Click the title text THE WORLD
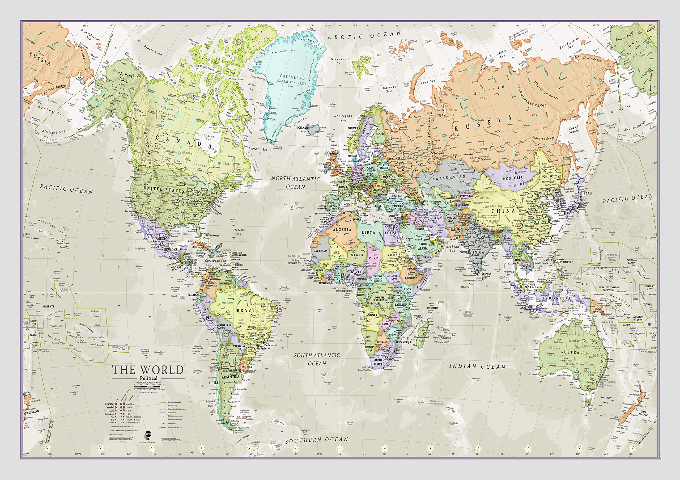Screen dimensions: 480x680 tap(148, 370)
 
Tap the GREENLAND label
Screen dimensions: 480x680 tap(292, 77)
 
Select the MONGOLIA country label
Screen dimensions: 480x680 tap(513, 178)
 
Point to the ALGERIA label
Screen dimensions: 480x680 tap(342, 230)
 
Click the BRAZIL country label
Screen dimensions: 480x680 tap(247, 310)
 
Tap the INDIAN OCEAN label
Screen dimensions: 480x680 tap(477, 367)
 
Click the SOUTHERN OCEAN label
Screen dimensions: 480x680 tap(316, 440)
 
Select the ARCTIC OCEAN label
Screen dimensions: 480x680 tap(364, 35)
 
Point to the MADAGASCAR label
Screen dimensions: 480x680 tap(422, 336)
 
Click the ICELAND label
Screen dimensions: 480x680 tap(302, 128)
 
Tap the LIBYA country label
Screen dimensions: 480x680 tap(369, 233)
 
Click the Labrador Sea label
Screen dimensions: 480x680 tap(258, 149)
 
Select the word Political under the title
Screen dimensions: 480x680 tap(149, 378)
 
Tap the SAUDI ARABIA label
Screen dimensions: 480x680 tap(423, 246)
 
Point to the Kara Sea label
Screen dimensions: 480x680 tap(428, 82)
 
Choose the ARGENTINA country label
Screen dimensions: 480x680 tap(230, 377)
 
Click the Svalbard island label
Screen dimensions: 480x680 tap(350, 72)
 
